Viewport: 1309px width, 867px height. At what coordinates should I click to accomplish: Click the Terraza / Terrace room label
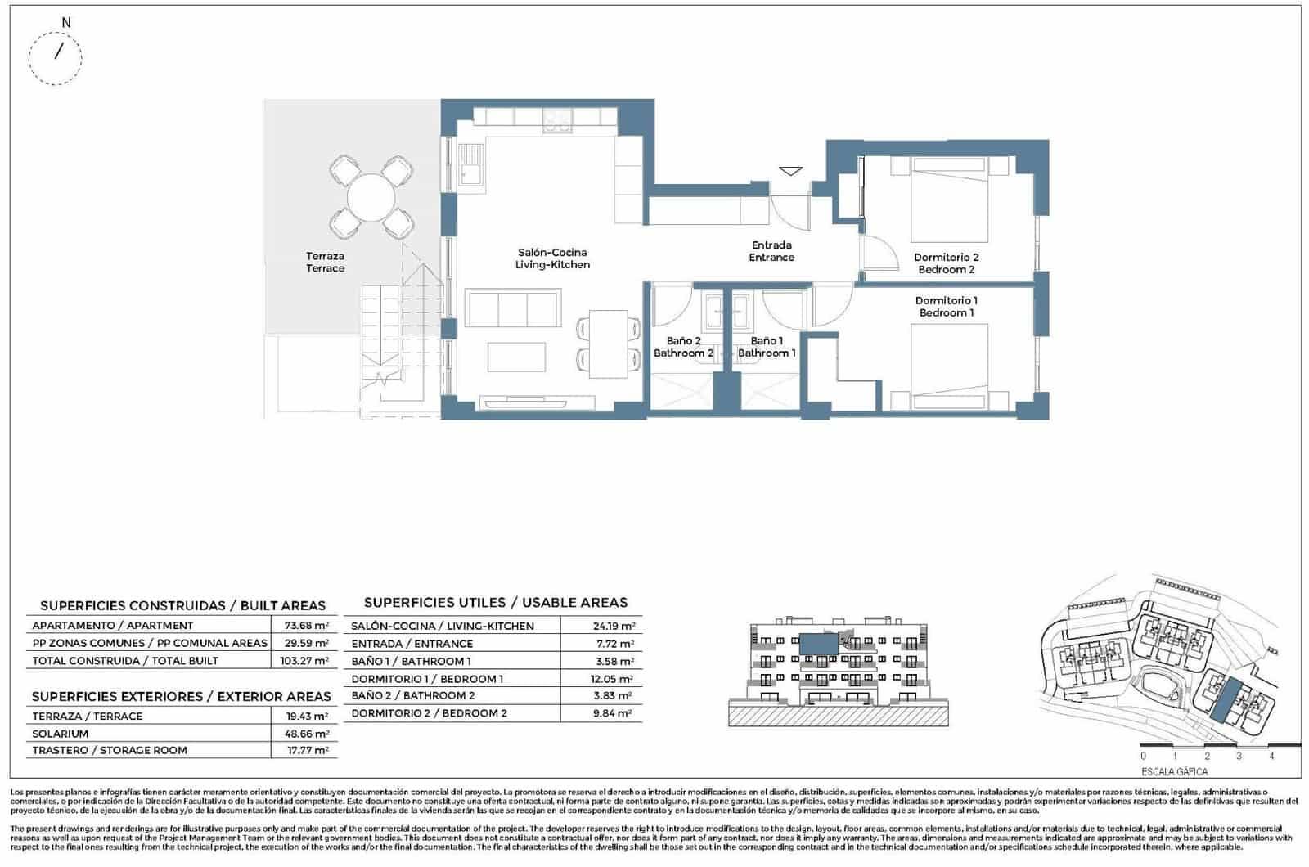pos(325,262)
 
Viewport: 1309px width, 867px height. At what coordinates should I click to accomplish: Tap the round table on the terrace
pos(371,197)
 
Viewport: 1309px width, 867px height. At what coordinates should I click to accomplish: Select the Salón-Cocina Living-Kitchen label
pos(552,258)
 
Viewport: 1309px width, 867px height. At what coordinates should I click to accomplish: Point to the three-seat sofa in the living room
pos(513,309)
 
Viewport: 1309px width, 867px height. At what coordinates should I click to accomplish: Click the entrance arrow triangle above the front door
pos(790,171)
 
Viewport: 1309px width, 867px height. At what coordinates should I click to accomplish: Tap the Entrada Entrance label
pos(771,251)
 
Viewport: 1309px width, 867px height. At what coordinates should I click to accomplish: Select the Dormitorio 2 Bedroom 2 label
pos(947,263)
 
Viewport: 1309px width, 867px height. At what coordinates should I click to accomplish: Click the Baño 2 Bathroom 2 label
pos(683,347)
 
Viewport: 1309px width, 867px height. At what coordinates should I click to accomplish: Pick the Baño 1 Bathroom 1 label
pos(767,347)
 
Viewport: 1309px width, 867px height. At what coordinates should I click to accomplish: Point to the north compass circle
pos(56,58)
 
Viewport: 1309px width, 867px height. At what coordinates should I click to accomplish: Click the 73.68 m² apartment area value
pos(305,626)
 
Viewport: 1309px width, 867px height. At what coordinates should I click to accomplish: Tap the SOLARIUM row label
pos(61,734)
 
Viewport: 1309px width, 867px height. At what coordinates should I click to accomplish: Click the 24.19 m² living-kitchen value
pos(614,627)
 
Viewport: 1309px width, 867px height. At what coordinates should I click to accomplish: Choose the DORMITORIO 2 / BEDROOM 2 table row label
pos(429,713)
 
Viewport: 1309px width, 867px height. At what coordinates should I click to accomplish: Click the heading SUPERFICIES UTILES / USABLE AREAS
pos(495,603)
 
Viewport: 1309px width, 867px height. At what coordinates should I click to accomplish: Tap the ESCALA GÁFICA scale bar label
pos(1174,771)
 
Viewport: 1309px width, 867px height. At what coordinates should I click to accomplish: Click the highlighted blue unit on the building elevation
pos(817,644)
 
